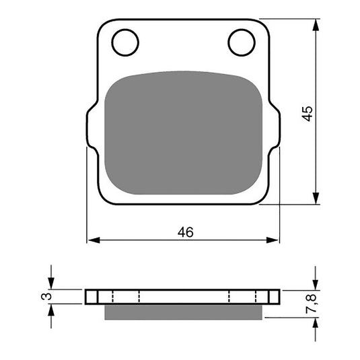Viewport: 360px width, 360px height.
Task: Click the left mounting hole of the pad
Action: click(x=125, y=42)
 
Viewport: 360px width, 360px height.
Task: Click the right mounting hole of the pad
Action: click(x=241, y=42)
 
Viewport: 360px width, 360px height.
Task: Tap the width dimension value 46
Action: click(x=186, y=232)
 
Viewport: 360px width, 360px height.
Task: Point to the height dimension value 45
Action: click(x=308, y=112)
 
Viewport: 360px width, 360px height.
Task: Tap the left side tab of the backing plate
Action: click(x=90, y=129)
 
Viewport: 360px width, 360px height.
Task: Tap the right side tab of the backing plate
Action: click(x=276, y=129)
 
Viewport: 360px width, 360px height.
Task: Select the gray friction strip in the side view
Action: click(x=183, y=310)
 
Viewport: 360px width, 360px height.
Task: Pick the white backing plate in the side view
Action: click(x=183, y=297)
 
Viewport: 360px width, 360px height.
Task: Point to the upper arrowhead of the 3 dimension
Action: click(x=51, y=285)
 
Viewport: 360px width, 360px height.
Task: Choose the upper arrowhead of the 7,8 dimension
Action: click(x=315, y=285)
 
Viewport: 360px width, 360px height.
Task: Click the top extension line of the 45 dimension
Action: click(x=289, y=19)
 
